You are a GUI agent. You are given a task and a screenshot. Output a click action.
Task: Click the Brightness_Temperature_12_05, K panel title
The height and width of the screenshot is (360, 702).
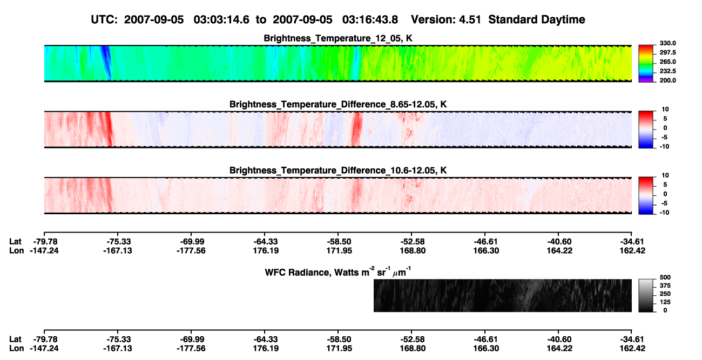point(338,38)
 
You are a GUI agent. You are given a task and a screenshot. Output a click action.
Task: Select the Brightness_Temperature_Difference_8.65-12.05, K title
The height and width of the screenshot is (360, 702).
point(338,104)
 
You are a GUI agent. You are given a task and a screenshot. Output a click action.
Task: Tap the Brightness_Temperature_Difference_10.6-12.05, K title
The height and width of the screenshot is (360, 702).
point(338,171)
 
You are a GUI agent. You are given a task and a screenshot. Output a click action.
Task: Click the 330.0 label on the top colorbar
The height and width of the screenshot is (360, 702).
point(667,43)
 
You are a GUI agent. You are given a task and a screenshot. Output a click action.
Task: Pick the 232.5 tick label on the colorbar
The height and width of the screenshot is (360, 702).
point(667,71)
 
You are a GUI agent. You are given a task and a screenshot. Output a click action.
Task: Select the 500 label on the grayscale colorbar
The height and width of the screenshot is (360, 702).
point(665,277)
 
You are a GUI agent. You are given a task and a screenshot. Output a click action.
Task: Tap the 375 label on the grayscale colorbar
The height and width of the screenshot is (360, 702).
point(665,286)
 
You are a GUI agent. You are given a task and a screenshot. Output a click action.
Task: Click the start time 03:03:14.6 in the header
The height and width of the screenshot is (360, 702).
point(221,19)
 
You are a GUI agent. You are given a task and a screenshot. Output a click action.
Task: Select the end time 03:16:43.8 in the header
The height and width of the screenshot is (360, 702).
point(370,19)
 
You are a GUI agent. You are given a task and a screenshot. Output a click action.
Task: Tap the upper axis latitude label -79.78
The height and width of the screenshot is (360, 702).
point(44,242)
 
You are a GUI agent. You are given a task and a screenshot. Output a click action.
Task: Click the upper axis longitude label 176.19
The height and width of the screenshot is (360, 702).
point(266,250)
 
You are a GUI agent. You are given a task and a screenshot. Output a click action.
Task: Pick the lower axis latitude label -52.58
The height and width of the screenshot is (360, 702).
point(413,339)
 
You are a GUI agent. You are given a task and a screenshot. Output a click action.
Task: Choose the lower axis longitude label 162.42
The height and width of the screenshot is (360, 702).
point(632,349)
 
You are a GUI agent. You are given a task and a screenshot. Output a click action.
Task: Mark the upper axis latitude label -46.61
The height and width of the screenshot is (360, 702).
point(486,242)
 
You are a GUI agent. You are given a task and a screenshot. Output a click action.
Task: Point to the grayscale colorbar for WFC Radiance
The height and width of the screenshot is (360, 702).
point(646,295)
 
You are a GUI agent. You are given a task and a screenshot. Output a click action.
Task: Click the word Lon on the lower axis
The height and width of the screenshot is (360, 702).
point(16,349)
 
